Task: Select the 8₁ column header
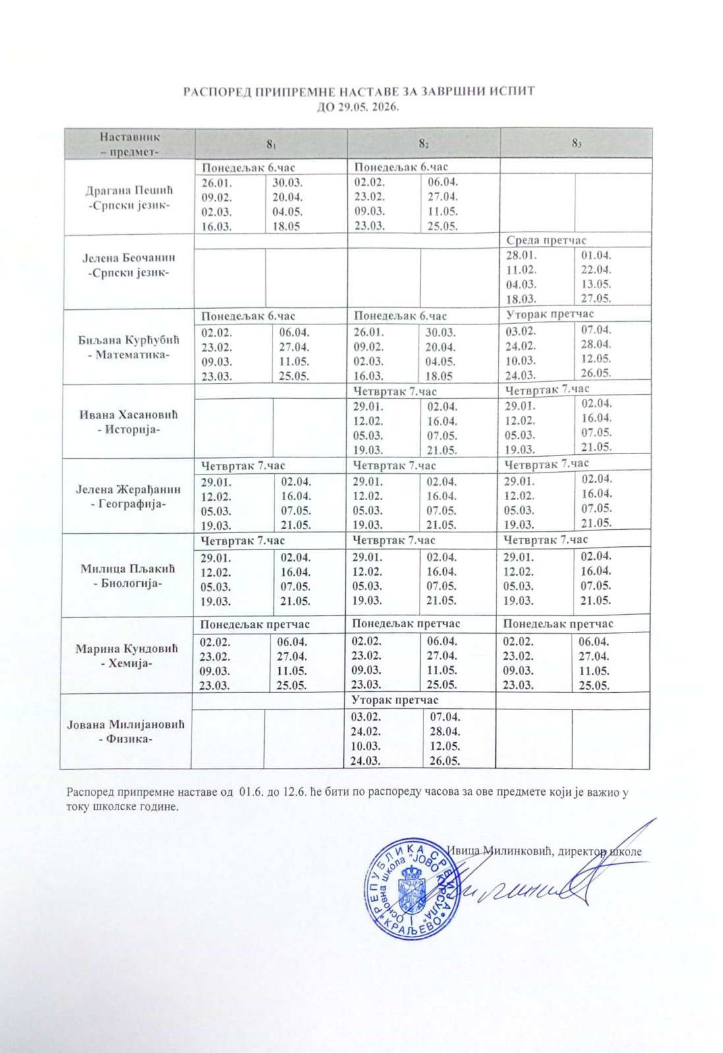pyautogui.click(x=271, y=143)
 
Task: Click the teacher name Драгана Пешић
pyautogui.click(x=129, y=191)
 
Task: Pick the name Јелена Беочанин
pyautogui.click(x=129, y=257)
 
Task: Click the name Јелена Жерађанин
pyautogui.click(x=129, y=490)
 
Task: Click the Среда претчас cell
pyautogui.click(x=546, y=240)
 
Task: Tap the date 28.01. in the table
pyautogui.click(x=521, y=255)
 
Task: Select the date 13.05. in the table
pyautogui.click(x=597, y=284)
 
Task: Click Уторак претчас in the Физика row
pyautogui.click(x=395, y=700)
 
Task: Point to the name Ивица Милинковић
pyautogui.click(x=498, y=850)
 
